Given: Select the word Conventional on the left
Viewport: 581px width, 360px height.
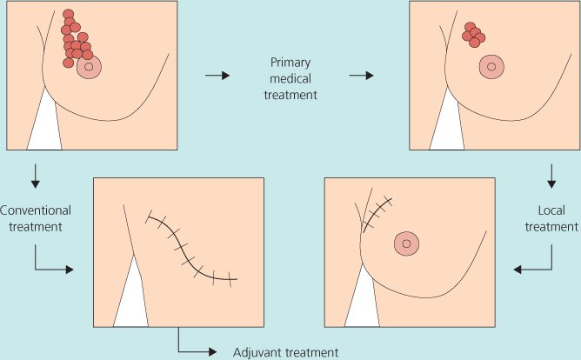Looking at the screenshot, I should [35, 210].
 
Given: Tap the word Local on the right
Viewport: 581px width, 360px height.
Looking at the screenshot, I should [552, 210].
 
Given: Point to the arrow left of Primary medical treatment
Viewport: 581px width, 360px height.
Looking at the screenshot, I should [217, 76].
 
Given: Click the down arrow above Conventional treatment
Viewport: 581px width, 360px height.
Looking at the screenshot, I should [35, 177].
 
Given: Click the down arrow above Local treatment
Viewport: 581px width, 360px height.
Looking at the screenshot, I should [551, 177].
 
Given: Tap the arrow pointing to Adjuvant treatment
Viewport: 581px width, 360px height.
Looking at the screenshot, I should [196, 346].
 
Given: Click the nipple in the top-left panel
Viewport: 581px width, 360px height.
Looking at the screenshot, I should [90, 65].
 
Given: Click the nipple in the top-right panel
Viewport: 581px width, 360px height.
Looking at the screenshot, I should [491, 66].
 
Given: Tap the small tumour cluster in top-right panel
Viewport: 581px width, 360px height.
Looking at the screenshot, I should [473, 35].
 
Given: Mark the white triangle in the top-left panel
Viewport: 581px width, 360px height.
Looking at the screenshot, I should [43, 126].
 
